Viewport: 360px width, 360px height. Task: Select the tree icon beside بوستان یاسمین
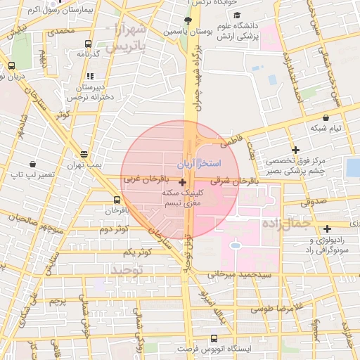point(187,20)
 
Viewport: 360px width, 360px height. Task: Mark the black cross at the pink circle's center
point(183,182)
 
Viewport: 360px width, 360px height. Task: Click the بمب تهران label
point(85,165)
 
